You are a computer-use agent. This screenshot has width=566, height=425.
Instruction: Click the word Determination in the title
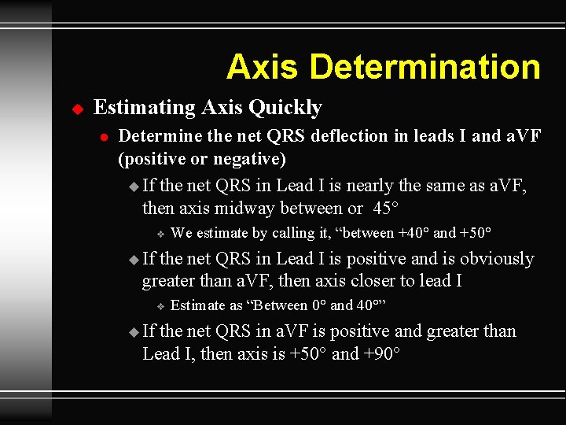(425, 67)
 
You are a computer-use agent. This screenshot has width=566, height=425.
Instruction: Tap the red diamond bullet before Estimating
(77, 108)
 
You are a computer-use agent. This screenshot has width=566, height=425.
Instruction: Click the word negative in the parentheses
(251, 158)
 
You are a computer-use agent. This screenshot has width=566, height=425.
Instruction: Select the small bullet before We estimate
(159, 234)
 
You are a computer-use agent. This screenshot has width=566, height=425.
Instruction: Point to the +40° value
(414, 233)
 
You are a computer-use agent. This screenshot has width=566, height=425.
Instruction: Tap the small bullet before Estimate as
(159, 306)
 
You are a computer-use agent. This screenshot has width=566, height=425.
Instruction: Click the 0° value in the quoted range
(319, 305)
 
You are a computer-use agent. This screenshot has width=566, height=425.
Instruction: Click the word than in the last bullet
(499, 331)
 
